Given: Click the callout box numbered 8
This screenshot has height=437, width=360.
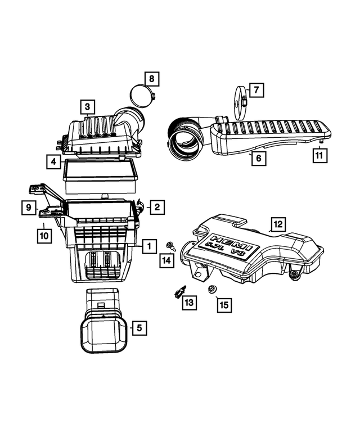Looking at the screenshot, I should [x=151, y=79].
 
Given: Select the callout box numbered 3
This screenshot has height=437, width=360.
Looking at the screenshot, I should [x=87, y=106].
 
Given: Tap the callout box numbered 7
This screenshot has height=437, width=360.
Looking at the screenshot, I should [x=255, y=89].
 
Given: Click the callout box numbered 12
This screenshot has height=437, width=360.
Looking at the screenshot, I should [x=277, y=224].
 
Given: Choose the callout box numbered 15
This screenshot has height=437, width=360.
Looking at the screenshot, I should [x=223, y=305].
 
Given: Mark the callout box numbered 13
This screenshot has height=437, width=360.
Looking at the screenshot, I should [x=188, y=303].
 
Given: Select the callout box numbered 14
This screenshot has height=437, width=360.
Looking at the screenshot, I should [x=166, y=260].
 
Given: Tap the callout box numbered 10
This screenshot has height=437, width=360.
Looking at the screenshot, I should [x=43, y=237].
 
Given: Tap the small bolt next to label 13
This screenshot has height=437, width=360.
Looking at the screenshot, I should [x=178, y=291].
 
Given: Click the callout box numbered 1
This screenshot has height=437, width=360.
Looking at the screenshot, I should [x=149, y=246].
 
